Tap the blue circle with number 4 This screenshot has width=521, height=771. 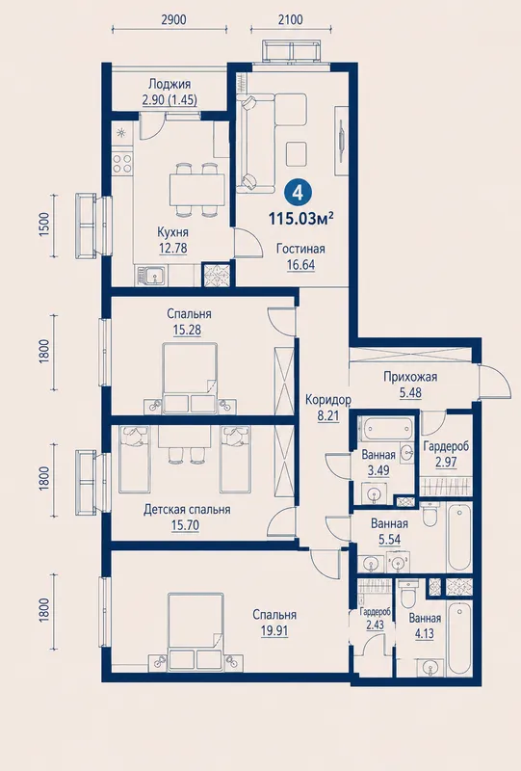299,192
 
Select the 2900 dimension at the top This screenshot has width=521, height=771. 173,19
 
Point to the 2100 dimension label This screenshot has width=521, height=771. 290,19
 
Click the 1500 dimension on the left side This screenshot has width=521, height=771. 44,225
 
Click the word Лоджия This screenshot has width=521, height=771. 169,84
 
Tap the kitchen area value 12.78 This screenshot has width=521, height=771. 172,248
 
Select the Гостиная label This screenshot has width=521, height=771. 300,249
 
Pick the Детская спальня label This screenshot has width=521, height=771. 187,510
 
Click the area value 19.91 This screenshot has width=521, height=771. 274,631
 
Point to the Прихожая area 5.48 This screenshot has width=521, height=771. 410,393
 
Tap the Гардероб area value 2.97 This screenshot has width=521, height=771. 446,463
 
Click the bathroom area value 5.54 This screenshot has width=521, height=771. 389,540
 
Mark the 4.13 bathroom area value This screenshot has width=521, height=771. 424,634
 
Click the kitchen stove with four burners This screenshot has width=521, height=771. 122,163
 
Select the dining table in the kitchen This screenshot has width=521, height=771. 196,189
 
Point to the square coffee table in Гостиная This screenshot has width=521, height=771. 297,153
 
